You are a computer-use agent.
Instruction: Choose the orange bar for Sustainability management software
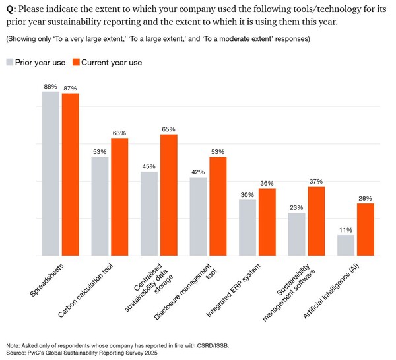(x=316, y=221)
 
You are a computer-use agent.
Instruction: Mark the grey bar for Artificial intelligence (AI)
(x=346, y=245)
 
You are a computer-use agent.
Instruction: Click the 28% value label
(x=365, y=198)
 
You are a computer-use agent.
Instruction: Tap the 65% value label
(x=168, y=128)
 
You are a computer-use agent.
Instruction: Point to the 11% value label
(x=346, y=229)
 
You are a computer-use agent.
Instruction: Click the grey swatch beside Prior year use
(x=11, y=62)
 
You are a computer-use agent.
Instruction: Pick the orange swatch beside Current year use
(x=76, y=62)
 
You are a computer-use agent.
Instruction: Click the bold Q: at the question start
(x=11, y=9)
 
